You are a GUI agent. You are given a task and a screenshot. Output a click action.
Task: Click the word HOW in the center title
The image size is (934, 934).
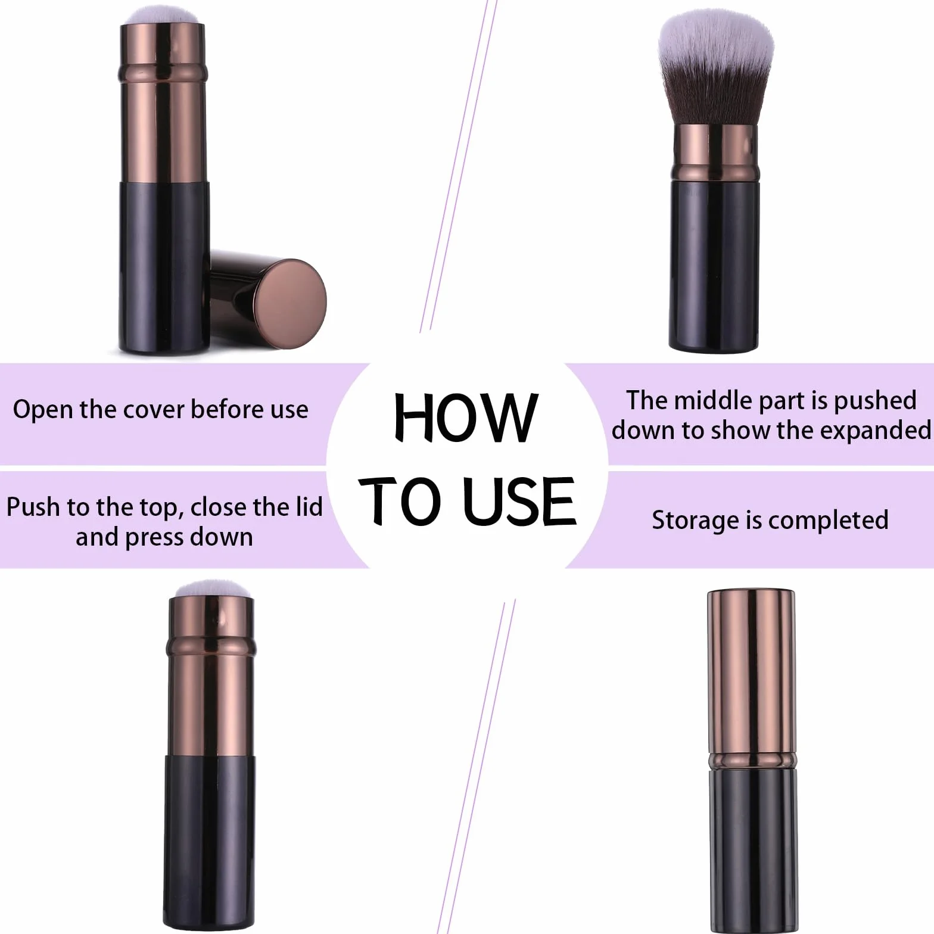point(466,418)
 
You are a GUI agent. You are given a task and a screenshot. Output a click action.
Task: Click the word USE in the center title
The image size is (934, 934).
point(519,502)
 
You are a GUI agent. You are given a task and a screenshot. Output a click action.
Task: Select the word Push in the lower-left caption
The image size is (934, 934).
point(33,508)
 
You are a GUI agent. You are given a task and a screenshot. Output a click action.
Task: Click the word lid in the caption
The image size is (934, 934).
point(309,507)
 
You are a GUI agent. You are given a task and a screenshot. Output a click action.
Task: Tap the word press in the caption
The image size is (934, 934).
point(151,538)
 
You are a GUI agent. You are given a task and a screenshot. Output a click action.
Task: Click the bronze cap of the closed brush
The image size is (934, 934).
point(752,679)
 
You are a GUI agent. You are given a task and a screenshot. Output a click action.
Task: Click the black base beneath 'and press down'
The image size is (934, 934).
point(210,842)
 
